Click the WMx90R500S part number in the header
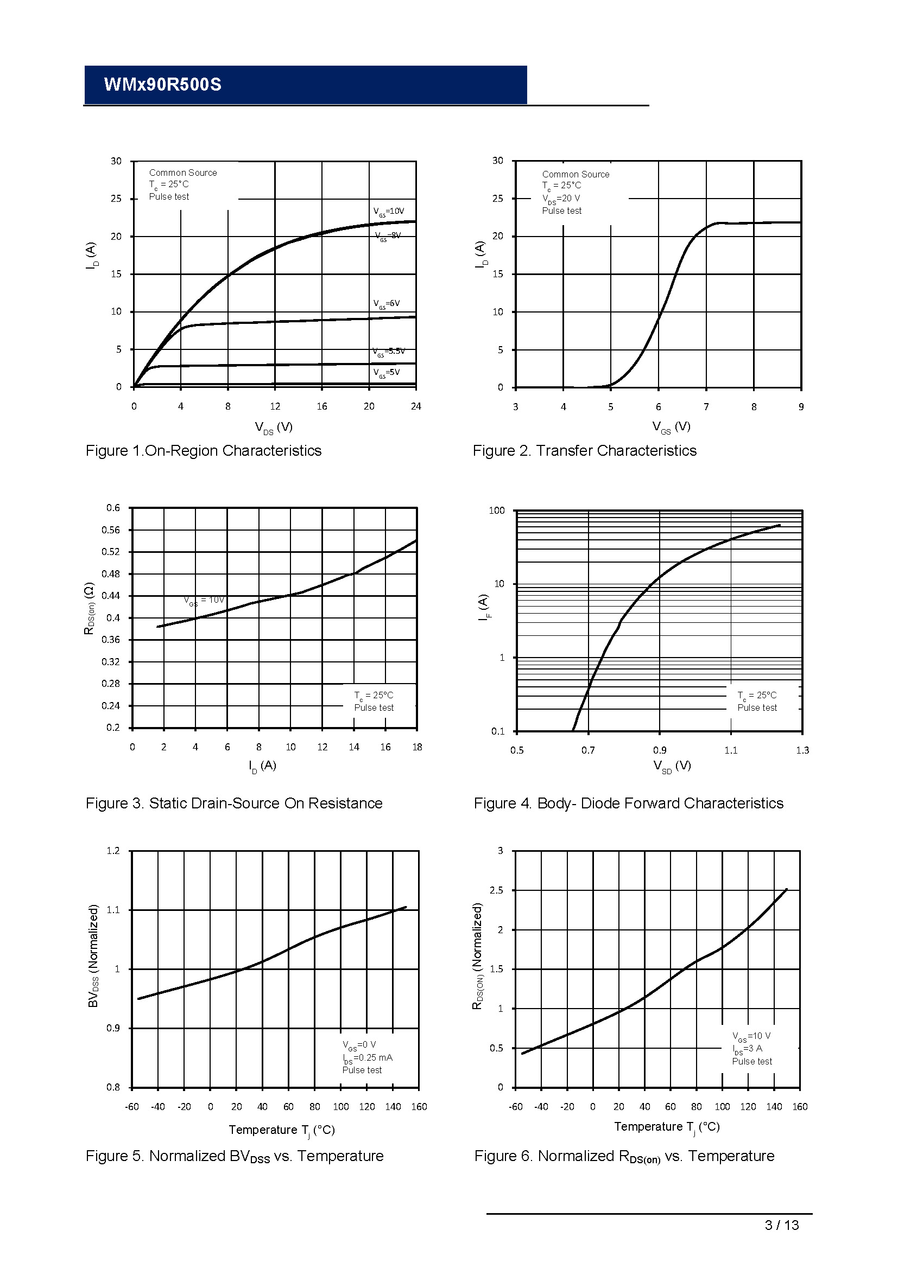162,85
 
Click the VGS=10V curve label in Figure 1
388,212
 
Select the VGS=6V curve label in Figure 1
386,304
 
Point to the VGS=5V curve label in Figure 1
386,373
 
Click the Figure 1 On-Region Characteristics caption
204,451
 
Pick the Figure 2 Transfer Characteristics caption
585,451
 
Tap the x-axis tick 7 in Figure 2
706,407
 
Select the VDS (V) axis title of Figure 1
273,427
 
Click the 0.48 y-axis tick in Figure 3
111,573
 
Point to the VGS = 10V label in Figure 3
204,600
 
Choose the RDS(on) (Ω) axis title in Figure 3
89,608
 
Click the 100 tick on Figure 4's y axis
497,511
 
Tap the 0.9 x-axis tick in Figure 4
660,750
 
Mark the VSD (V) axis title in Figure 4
672,766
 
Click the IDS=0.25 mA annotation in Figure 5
367,1058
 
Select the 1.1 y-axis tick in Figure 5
113,910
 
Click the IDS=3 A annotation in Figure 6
747,1049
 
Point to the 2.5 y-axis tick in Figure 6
497,890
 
